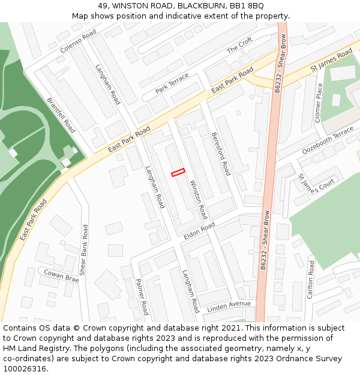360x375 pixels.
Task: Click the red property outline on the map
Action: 178,173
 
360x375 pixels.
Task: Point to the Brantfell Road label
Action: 61,115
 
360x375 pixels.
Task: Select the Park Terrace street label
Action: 172,83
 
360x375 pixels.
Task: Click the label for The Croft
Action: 239,46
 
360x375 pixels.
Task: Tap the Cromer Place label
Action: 319,103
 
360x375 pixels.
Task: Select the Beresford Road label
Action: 221,154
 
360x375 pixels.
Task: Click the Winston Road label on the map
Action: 198,199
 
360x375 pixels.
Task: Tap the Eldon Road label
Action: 199,230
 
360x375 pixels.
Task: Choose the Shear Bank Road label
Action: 84,250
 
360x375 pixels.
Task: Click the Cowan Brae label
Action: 61,276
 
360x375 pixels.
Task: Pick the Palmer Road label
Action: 142,296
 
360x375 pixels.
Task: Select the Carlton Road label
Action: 311,279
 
